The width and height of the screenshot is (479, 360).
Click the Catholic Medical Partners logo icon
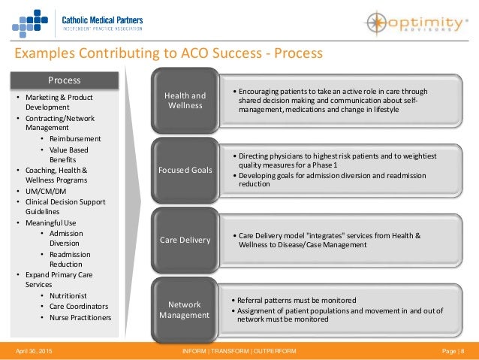(29, 21)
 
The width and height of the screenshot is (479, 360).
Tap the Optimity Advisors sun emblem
(375, 21)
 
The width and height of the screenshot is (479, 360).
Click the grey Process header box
(65, 80)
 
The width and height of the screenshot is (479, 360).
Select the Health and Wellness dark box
(185, 101)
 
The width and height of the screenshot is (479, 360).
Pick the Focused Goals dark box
(185, 170)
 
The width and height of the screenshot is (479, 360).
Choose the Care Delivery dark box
(185, 240)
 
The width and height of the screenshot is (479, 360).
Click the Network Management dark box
(185, 310)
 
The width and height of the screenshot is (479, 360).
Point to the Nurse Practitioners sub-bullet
(80, 317)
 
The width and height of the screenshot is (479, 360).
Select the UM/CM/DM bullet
(47, 191)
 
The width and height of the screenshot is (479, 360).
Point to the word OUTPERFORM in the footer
(274, 352)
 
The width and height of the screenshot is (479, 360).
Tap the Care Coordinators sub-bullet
(79, 307)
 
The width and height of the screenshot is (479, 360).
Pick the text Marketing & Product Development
(54, 102)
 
